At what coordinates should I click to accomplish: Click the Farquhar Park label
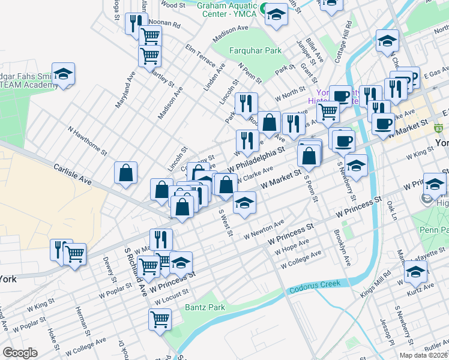(255, 51)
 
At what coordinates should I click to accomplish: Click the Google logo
(20, 352)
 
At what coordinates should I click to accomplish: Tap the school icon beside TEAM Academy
(63, 74)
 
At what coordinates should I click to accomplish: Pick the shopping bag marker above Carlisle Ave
(126, 174)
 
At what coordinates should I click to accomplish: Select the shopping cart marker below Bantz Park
(160, 319)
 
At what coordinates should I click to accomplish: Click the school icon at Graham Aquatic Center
(276, 15)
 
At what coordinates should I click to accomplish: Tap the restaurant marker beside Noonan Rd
(136, 23)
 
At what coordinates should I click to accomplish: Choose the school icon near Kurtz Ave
(415, 272)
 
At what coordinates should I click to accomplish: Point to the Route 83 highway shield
(439, 128)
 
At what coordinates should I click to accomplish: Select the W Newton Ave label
(264, 231)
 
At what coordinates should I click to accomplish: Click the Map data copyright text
(424, 355)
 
